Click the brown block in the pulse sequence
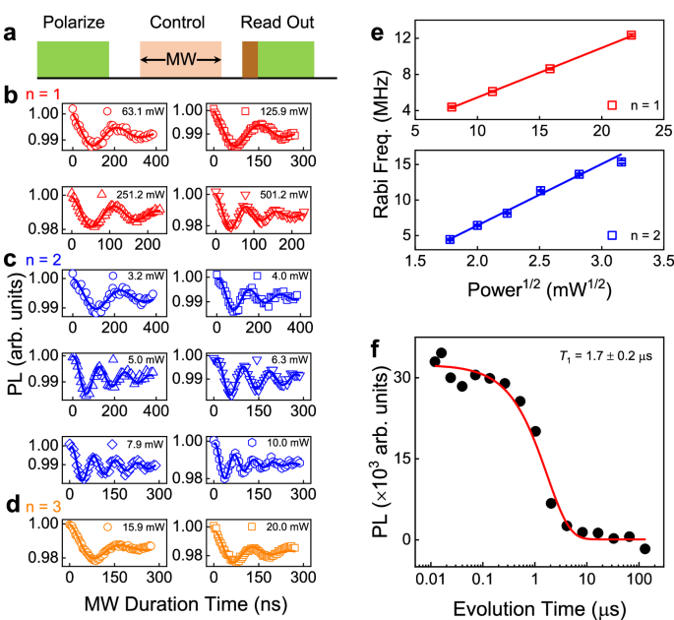pyautogui.click(x=250, y=58)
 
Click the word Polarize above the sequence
pyautogui.click(x=73, y=21)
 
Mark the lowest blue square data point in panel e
pyautogui.click(x=450, y=239)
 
